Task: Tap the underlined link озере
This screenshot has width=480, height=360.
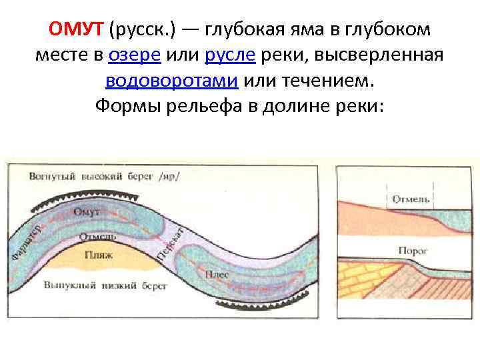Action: (133, 56)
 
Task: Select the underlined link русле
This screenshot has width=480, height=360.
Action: (231, 56)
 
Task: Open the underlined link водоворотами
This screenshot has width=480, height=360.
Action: (171, 81)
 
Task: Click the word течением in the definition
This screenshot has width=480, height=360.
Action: (310, 81)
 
